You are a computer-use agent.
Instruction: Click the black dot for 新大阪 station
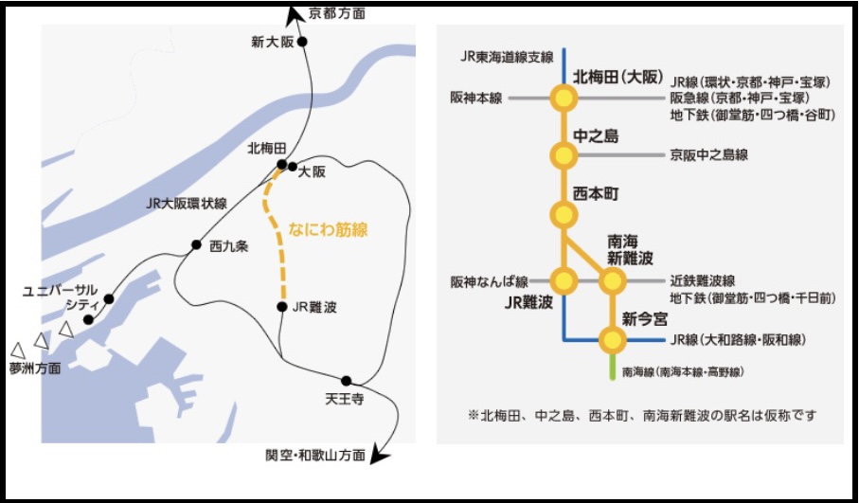303,43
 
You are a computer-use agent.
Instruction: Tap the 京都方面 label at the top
336,13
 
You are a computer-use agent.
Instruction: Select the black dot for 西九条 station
196,243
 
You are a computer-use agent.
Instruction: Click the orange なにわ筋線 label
327,228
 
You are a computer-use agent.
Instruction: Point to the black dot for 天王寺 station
347,381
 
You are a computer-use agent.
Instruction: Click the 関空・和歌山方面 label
315,456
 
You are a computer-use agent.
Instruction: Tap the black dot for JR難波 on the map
282,307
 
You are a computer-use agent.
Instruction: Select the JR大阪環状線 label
187,204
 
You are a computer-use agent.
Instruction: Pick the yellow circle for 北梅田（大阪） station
564,98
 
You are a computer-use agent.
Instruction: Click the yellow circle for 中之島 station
564,154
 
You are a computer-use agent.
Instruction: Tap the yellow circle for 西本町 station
564,213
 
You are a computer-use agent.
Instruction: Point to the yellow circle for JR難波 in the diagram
564,280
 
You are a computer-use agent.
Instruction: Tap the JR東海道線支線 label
507,57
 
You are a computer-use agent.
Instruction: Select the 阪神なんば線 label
490,281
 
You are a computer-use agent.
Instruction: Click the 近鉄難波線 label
703,280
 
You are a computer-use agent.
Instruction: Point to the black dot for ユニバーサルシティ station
109,299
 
